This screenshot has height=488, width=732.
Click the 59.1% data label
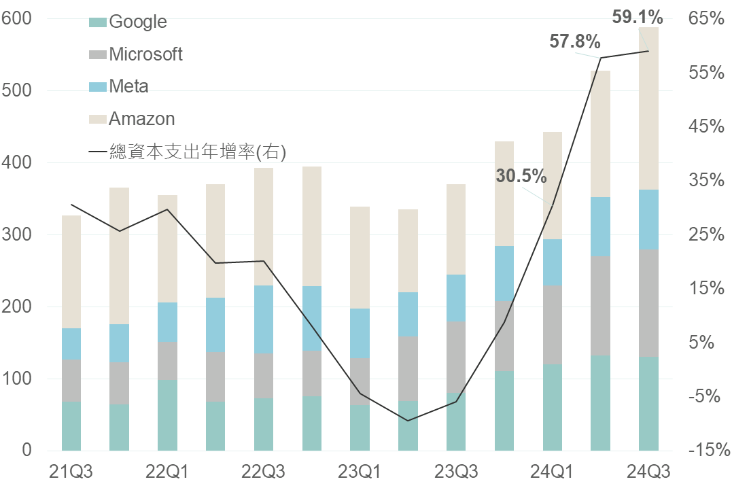pyautogui.click(x=637, y=17)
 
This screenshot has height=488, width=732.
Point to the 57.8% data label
pyautogui.click(x=574, y=42)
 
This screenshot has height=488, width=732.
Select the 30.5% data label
pyautogui.click(x=521, y=177)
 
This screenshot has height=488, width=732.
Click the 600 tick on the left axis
pyautogui.click(x=17, y=19)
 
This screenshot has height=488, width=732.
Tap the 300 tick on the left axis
pyautogui.click(x=17, y=235)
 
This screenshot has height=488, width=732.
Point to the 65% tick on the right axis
pyautogui.click(x=706, y=19)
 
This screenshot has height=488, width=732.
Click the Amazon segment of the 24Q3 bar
pyautogui.click(x=648, y=109)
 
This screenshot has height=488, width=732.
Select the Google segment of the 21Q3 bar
pyautogui.click(x=71, y=425)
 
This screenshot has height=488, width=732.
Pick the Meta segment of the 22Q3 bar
pyautogui.click(x=264, y=319)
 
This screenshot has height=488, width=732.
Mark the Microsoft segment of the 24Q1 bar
pyautogui.click(x=552, y=324)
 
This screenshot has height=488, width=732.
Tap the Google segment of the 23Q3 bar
pyautogui.click(x=456, y=421)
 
